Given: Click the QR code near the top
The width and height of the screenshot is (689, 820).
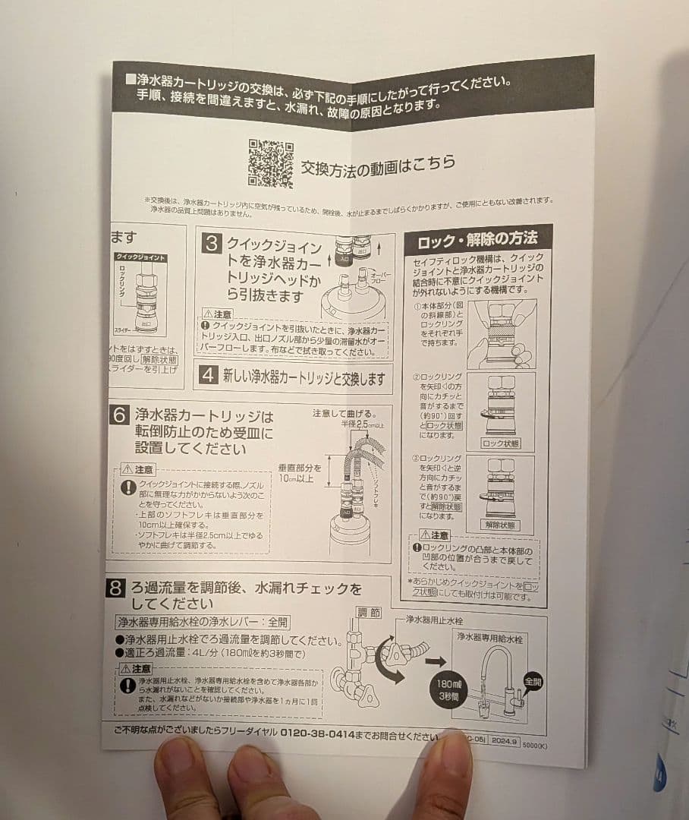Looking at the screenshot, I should click(270, 163).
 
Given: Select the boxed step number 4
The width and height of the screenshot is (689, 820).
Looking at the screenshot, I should click(208, 375).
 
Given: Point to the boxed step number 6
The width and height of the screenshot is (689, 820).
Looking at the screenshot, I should click(120, 416).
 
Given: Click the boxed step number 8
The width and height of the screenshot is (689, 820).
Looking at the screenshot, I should click(116, 588).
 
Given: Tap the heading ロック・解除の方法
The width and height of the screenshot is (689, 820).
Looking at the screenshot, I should click(477, 241).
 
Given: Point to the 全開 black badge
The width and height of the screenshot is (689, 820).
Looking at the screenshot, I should click(532, 681).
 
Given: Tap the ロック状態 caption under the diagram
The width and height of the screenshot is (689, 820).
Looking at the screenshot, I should click(500, 443).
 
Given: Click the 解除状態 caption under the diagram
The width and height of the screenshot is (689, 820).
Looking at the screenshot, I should click(500, 525).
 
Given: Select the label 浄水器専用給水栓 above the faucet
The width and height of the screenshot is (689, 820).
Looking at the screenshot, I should click(489, 638).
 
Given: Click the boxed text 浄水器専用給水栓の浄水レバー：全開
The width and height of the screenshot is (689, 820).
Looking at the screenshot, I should click(202, 622).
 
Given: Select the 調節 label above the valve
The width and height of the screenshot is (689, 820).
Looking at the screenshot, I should click(369, 612).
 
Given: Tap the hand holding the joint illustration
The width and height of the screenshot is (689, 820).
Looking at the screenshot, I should click(500, 334).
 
